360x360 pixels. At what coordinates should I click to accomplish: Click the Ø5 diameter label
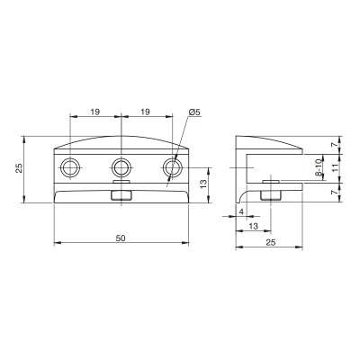[194, 112]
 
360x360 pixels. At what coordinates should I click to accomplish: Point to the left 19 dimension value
[94, 112]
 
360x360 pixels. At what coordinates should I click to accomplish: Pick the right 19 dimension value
[145, 112]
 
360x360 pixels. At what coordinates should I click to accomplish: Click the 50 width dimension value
[121, 238]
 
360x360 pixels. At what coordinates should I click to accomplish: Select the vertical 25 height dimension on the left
[19, 168]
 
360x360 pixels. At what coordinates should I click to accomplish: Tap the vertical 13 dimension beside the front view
[202, 183]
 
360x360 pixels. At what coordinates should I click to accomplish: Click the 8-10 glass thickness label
[319, 168]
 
